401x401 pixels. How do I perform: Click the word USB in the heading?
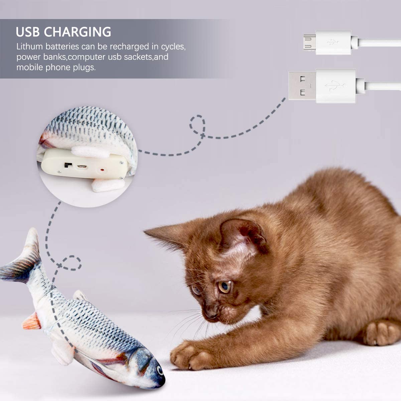pos(28,32)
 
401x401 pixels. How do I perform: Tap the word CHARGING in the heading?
pos(78,32)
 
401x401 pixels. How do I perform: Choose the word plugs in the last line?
pos(85,67)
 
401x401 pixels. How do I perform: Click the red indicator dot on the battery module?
pos(101,170)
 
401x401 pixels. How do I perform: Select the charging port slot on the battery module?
pos(82,166)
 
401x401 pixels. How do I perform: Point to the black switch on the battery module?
pos(69,164)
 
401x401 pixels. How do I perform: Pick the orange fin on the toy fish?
pos(32,321)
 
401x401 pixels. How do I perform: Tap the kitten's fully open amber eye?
pos(224,287)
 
